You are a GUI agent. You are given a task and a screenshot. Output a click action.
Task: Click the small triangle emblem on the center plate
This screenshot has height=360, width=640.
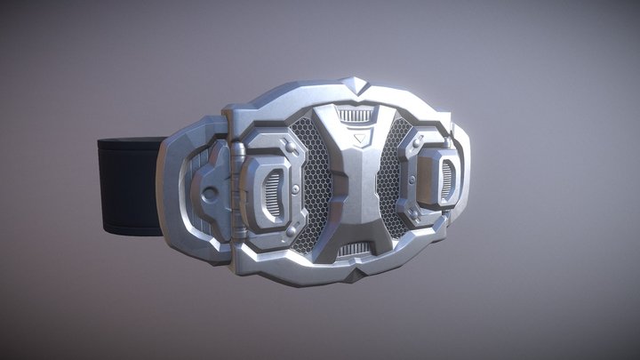coord(358,140)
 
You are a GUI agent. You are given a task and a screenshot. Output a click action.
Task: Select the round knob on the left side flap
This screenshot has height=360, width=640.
coord(208,194)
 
